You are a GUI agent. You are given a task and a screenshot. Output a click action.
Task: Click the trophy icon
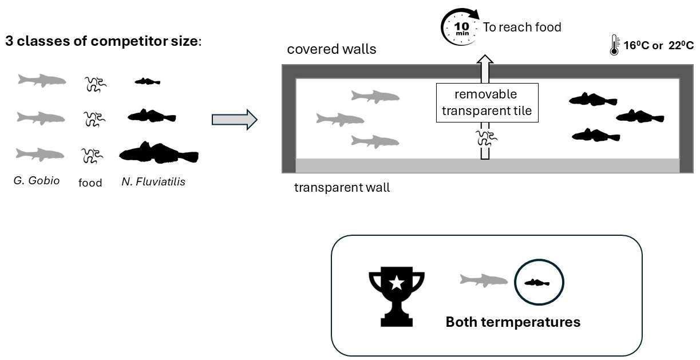coord(396,296)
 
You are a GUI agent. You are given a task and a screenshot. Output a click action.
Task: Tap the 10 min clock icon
coord(460,27)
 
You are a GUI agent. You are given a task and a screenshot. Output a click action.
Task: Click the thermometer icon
coord(614,45)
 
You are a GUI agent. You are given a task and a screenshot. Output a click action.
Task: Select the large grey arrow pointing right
coord(234,120)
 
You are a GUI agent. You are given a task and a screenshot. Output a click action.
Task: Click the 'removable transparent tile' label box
coord(487,102)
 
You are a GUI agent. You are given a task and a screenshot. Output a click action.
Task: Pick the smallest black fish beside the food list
coord(148,82)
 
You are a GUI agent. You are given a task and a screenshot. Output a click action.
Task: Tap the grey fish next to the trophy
coord(484,280)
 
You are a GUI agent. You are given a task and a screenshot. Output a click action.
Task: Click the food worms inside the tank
coord(487,138)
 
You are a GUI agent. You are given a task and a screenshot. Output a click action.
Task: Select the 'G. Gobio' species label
coord(37,181)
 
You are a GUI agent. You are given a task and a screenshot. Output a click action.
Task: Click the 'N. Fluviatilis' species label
coord(153,181)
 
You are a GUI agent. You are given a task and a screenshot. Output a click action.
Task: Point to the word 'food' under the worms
coord(90,183)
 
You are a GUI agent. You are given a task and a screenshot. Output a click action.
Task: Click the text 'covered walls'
coord(331,49)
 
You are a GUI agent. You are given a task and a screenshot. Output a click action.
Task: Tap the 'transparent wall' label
coord(342,188)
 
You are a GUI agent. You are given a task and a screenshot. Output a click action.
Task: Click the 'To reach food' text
coord(522,27)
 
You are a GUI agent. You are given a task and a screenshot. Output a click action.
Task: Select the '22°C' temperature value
coord(681,46)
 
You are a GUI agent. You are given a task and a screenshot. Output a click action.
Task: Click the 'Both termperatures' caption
coord(513,322)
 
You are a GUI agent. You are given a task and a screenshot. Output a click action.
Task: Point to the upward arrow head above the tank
coord(485,60)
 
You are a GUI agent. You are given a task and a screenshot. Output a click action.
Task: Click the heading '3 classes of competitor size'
coord(104,41)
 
